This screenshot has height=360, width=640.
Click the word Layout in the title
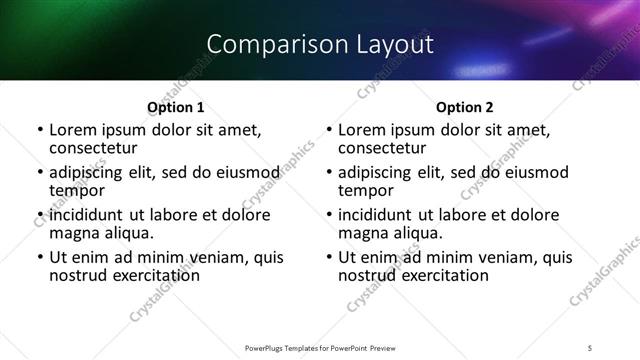point(397,44)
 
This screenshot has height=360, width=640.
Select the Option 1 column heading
point(175,107)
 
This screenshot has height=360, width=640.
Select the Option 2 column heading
point(464,107)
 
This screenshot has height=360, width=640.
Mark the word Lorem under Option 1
point(72,129)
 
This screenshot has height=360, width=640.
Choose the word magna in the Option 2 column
point(361,233)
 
